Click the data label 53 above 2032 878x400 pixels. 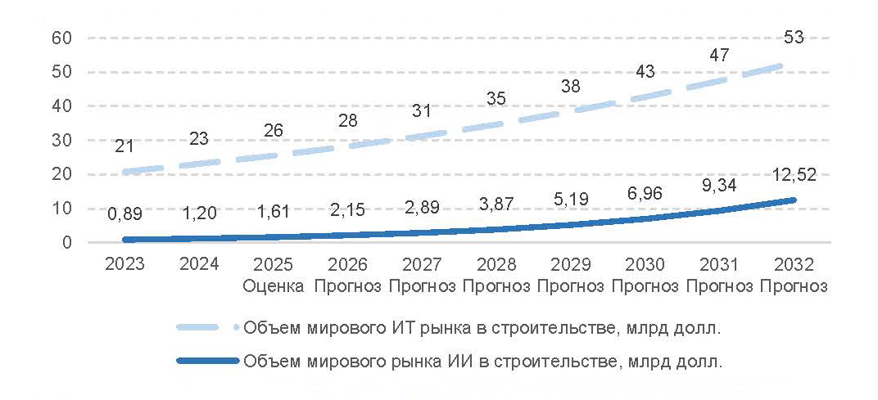point(794,38)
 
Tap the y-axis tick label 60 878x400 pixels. point(63,38)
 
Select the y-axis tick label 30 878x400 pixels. point(63,141)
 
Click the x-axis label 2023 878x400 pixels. point(124,264)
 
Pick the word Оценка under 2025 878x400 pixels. point(273,286)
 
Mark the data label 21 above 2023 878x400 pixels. point(124,146)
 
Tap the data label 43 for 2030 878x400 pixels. point(645,71)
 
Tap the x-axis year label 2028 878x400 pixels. point(496,264)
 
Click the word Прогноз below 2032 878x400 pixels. point(794,286)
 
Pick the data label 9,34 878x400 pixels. point(719,186)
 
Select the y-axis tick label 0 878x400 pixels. point(68,243)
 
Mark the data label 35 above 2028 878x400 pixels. point(496,99)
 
